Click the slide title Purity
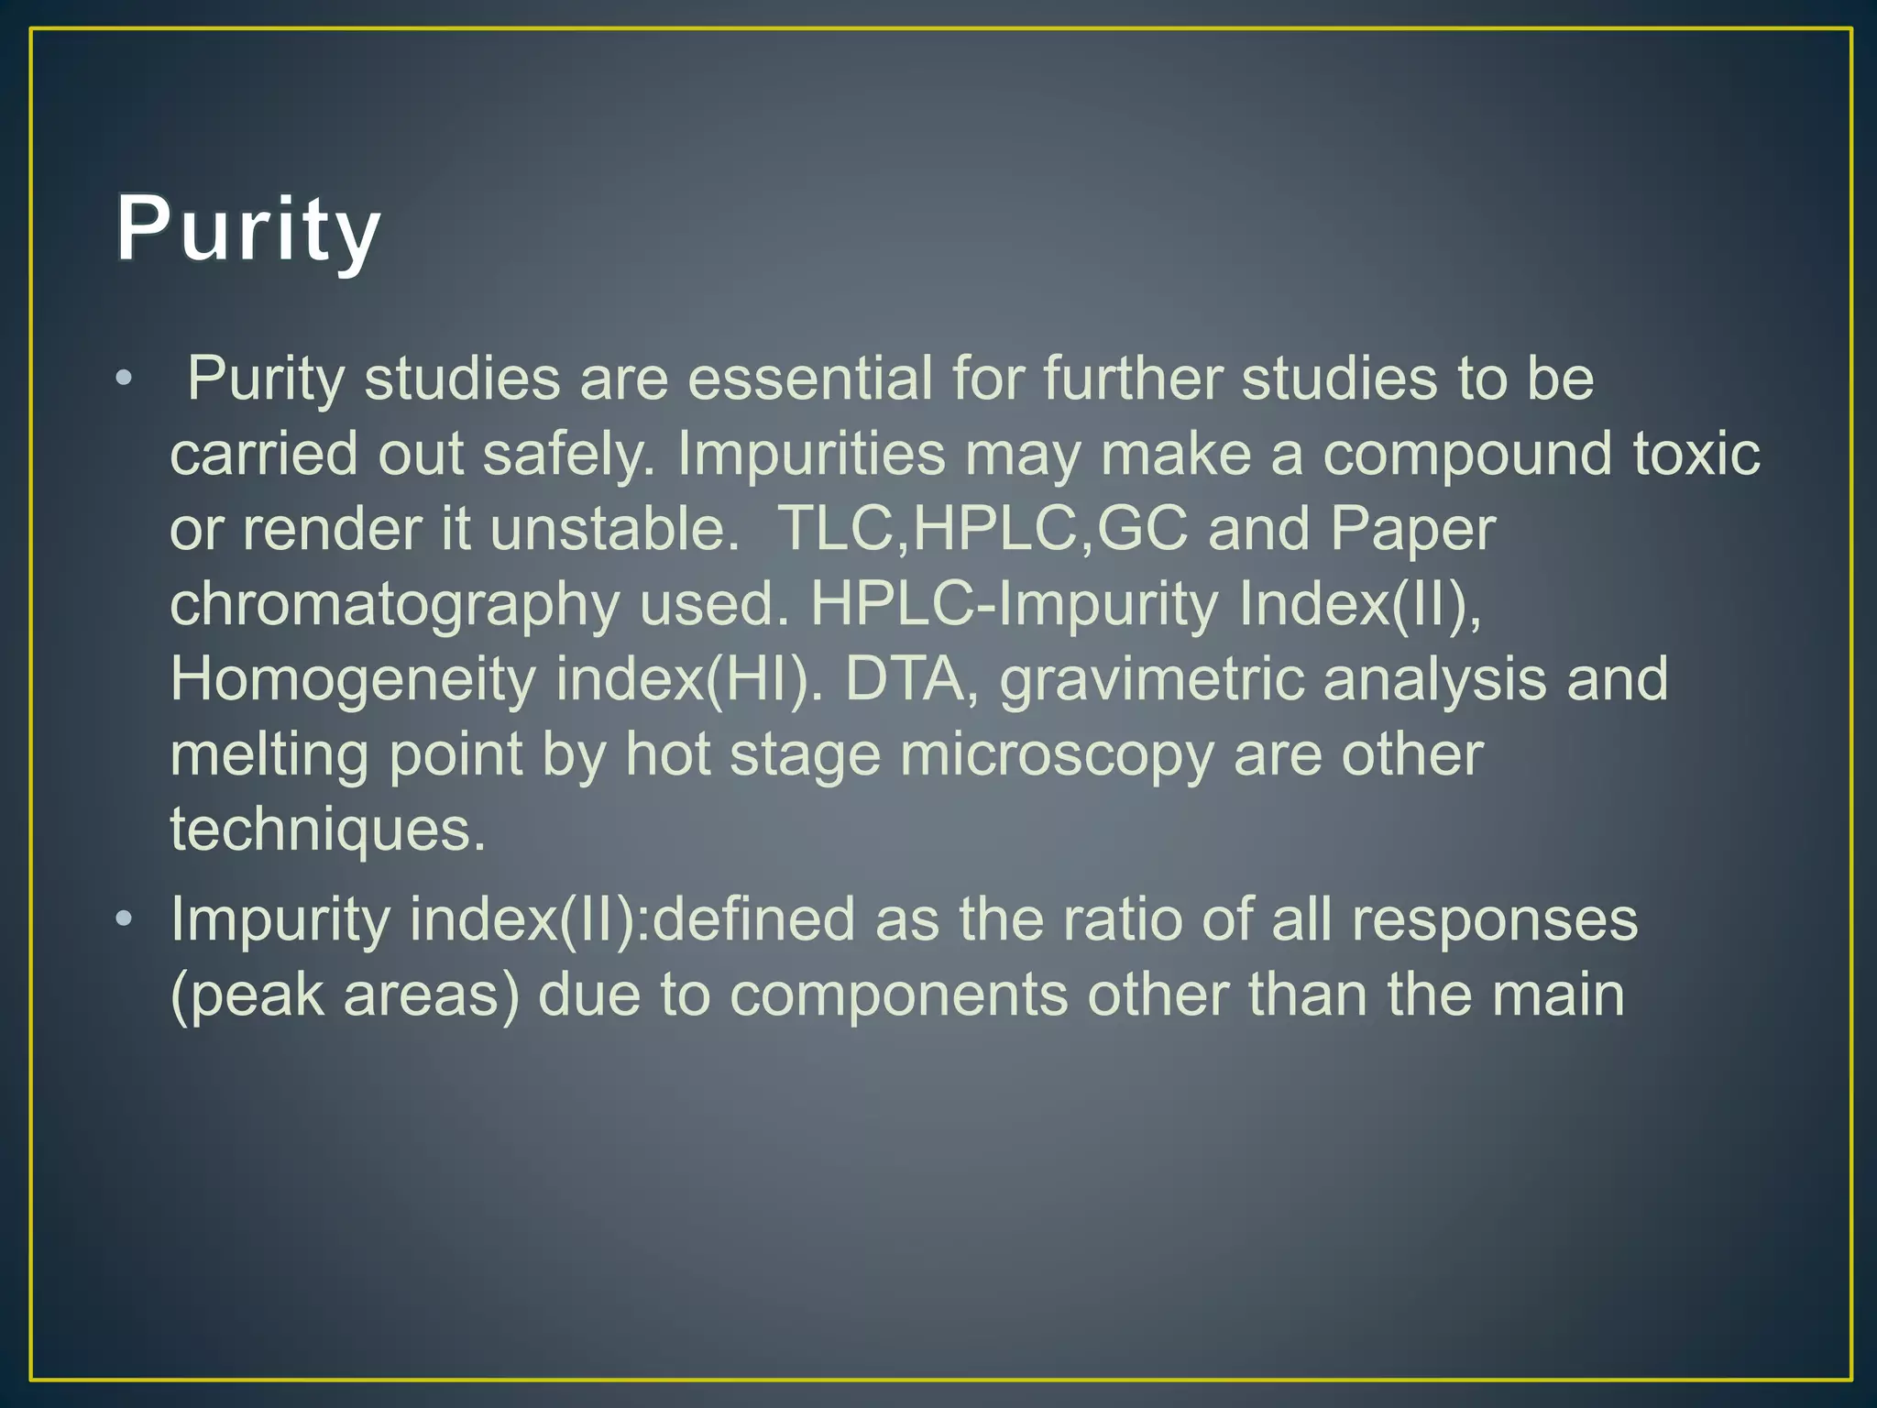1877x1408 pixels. (247, 230)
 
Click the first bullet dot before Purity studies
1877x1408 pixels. (125, 379)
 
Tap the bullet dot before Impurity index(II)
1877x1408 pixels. (125, 918)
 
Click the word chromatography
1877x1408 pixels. (395, 605)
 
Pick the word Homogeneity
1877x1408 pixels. (353, 679)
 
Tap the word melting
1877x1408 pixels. (269, 755)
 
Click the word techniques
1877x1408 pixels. (327, 830)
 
